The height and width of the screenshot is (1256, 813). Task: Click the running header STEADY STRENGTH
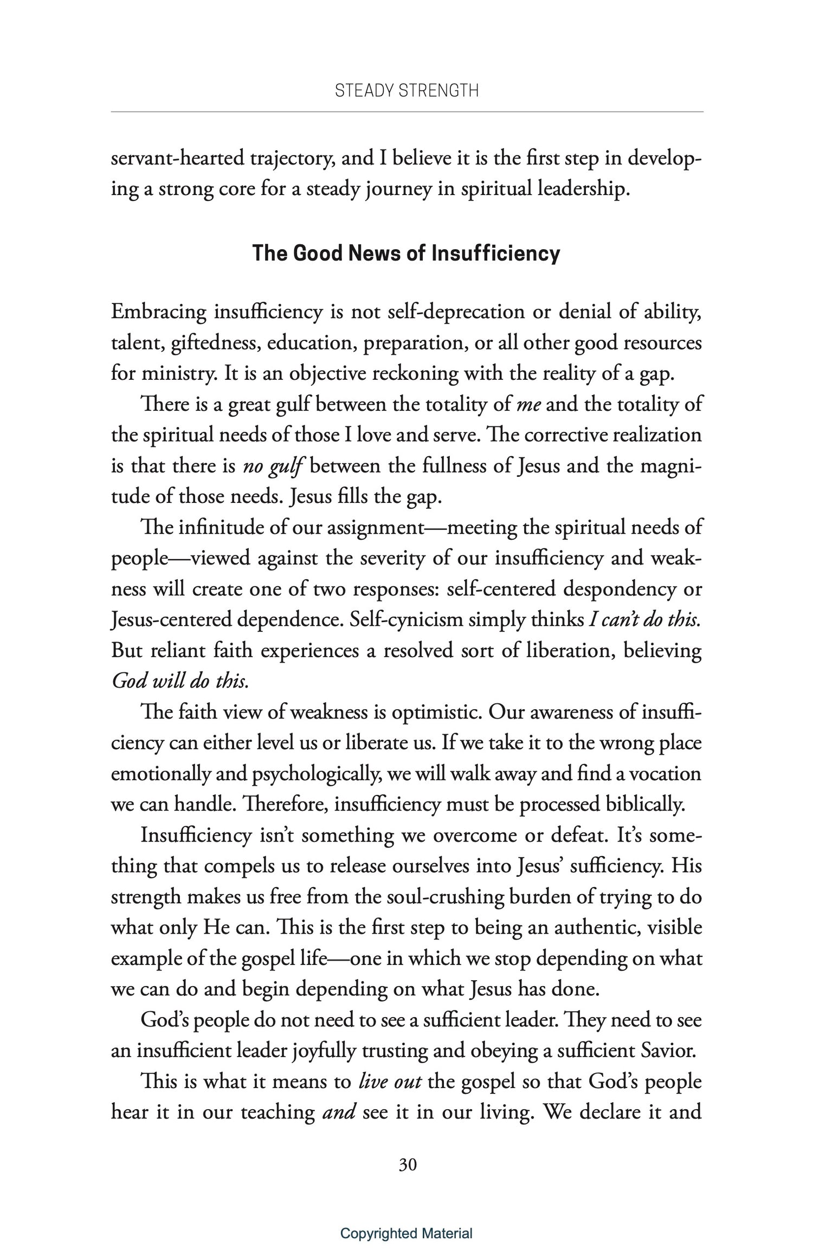pyautogui.click(x=406, y=90)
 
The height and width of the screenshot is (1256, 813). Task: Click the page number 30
pyautogui.click(x=407, y=1165)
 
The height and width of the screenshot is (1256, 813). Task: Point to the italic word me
pyautogui.click(x=530, y=405)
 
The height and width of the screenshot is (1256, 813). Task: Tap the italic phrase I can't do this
pyautogui.click(x=645, y=620)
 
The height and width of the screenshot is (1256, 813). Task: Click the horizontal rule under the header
pyautogui.click(x=406, y=112)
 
